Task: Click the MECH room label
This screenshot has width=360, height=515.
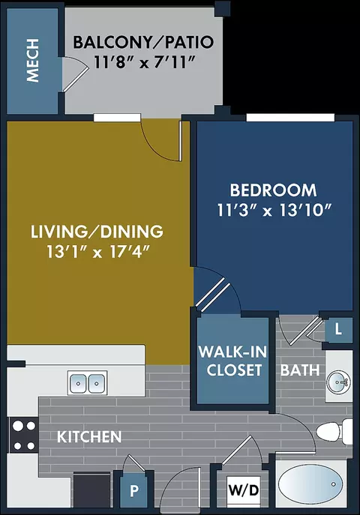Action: point(33,61)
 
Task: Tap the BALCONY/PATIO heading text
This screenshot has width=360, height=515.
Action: point(143,43)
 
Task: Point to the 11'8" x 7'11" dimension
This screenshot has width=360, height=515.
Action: point(143,61)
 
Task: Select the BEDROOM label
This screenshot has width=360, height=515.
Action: point(273,190)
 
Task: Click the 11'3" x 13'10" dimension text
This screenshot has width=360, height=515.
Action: point(274,210)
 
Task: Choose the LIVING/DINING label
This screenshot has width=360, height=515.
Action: point(97,232)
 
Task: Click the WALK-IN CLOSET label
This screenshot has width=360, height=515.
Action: point(233,361)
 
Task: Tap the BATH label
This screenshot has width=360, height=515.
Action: point(300,370)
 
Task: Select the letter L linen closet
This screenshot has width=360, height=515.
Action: point(338,330)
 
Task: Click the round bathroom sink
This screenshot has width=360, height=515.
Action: point(338,382)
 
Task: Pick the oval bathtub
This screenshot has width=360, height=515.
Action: point(310,485)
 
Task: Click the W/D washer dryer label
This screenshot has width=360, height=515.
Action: point(244,490)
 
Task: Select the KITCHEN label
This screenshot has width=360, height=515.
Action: point(89,437)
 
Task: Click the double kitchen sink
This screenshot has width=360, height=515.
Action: point(87,383)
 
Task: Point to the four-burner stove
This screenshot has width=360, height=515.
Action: point(24,436)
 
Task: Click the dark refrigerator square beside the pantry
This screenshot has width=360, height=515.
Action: point(91,490)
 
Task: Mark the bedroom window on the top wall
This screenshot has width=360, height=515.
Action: point(290,117)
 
